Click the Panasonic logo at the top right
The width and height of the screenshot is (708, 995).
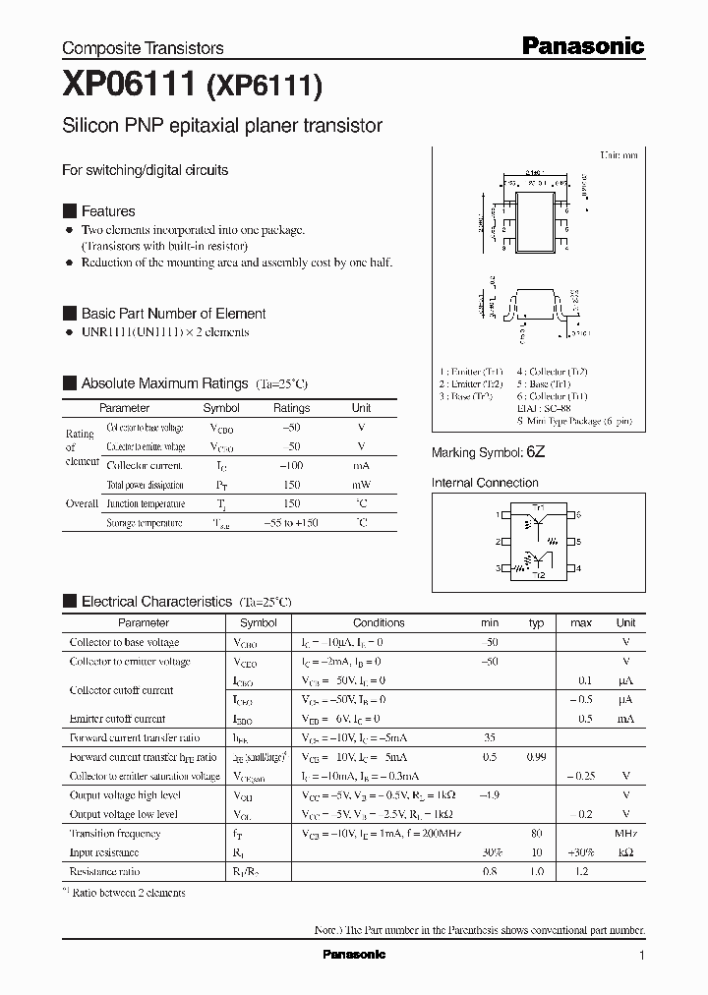tap(582, 45)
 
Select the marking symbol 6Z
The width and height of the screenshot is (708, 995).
tap(535, 452)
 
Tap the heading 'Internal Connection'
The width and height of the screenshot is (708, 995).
tap(485, 483)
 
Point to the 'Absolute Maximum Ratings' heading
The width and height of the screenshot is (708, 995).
tap(164, 383)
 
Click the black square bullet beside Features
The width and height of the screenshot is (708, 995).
tap(69, 211)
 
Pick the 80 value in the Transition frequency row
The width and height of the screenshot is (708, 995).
tap(537, 834)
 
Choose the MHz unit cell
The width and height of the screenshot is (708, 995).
tap(625, 834)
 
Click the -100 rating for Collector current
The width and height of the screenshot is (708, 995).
tap(290, 466)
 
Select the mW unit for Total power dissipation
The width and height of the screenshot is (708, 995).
tap(361, 485)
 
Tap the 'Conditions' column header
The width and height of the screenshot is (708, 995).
tap(379, 622)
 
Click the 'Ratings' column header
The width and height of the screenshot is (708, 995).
tap(291, 408)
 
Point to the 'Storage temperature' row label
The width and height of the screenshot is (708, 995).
tap(145, 523)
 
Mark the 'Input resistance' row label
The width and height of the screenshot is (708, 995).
tap(104, 852)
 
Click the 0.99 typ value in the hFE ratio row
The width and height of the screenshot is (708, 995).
tap(536, 757)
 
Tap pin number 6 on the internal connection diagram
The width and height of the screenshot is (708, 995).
tap(579, 514)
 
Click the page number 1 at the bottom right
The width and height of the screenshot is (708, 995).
tap(641, 956)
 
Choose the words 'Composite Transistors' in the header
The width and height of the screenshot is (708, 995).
tap(143, 48)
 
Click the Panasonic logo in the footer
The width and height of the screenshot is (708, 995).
tap(354, 955)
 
